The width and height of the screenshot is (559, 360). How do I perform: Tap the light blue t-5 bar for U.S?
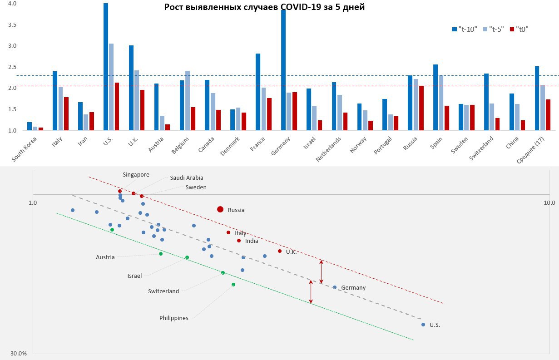click(111, 87)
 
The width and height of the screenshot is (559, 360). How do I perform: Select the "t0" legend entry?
click(519, 29)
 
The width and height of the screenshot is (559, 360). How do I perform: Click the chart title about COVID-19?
click(264, 7)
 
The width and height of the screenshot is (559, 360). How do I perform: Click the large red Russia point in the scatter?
click(220, 209)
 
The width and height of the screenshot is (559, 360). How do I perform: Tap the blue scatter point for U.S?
click(423, 325)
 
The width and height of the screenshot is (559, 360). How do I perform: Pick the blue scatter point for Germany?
click(335, 287)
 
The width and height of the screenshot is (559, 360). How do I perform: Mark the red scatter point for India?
click(239, 241)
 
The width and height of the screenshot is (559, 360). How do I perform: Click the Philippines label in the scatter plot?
click(173, 318)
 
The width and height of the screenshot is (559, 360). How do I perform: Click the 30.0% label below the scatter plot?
click(19, 353)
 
